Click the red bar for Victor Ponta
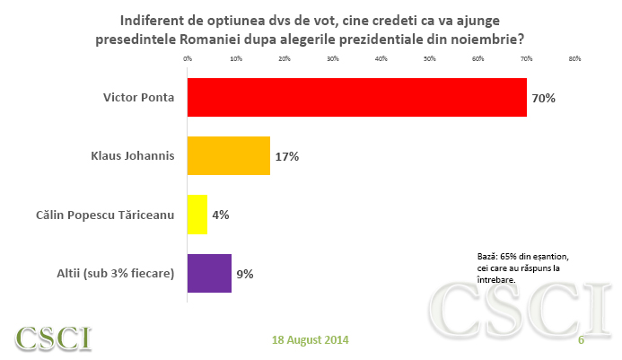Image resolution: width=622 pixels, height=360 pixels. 356,97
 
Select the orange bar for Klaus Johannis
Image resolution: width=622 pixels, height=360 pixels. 228,155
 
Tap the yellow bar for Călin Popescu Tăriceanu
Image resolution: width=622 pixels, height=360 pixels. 197,215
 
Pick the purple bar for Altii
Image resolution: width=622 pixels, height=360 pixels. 209,273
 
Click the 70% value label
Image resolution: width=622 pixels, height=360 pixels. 543,98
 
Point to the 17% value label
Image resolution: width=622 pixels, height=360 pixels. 286,156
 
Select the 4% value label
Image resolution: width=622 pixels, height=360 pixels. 221,215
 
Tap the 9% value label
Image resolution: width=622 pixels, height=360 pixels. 244,274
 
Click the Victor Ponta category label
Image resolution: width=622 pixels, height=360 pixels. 138,97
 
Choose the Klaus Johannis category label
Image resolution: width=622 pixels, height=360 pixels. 132,155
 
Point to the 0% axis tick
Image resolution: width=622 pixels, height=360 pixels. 188,59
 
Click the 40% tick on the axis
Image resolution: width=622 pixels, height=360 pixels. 381,59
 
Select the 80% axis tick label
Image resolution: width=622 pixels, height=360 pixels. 574,59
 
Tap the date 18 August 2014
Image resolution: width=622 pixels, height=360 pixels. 311,340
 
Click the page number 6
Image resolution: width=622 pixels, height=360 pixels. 581,340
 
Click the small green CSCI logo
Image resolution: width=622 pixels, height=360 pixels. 53,338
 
